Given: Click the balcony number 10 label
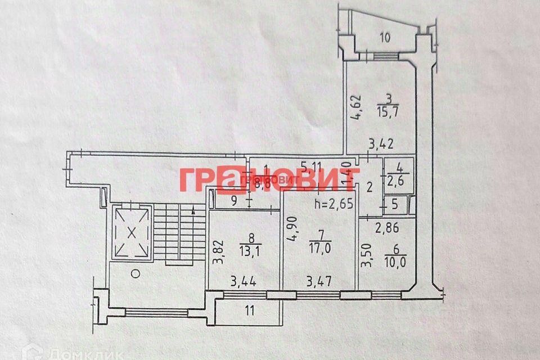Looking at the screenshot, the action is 385,38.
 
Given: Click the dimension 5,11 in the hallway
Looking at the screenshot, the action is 312,166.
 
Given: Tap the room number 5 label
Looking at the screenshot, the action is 395,205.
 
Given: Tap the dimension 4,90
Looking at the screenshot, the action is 292,229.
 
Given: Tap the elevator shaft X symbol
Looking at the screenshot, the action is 132,231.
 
